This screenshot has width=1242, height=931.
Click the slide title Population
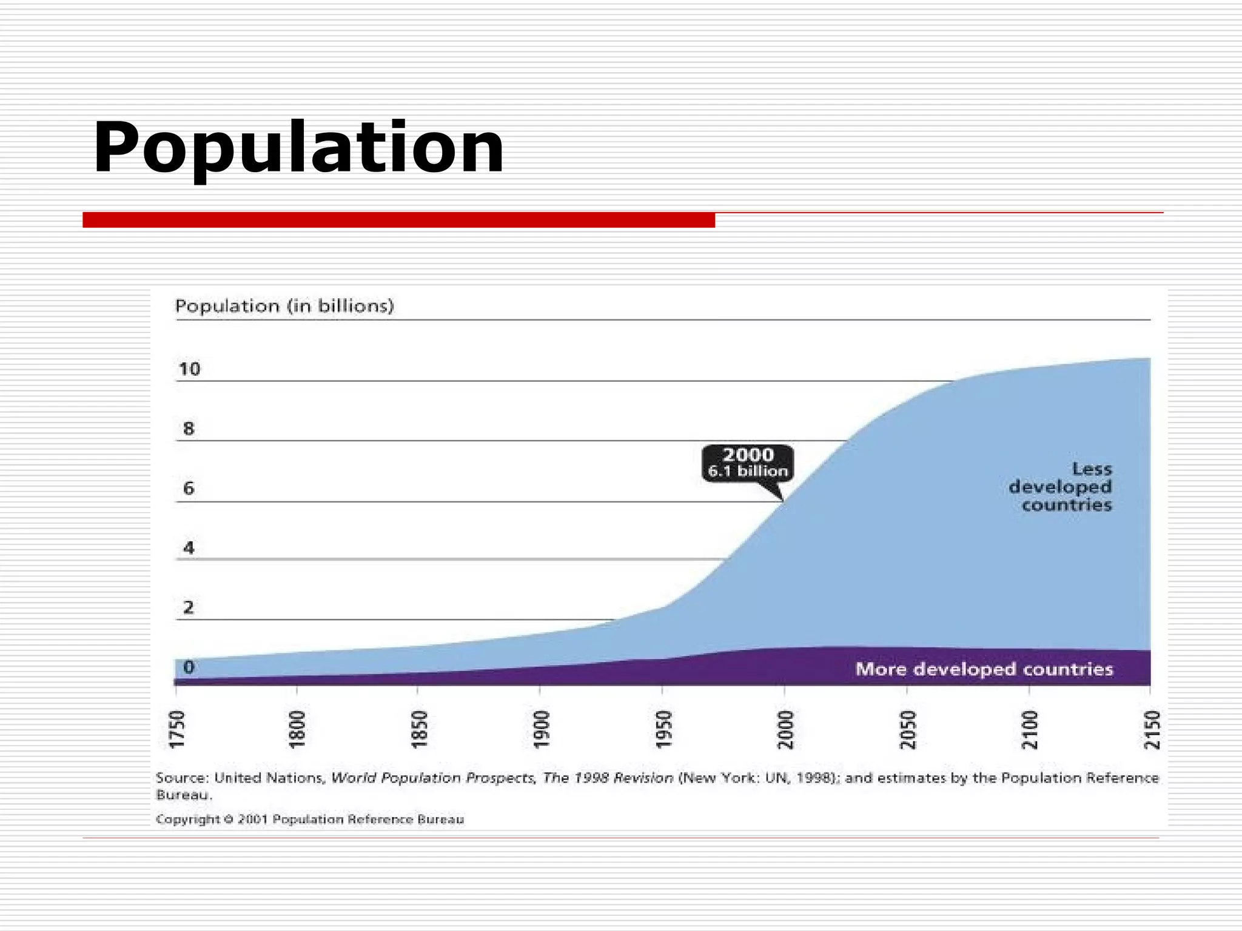[x=298, y=148]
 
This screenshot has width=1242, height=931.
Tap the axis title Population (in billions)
[x=284, y=306]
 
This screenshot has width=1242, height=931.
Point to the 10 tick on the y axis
[x=189, y=369]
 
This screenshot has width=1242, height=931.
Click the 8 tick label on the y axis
[x=189, y=429]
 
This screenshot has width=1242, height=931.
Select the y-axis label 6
[x=189, y=489]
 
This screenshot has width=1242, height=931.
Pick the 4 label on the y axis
[x=189, y=548]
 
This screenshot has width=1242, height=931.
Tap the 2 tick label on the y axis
[x=189, y=607]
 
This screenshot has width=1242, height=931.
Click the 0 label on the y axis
[x=189, y=667]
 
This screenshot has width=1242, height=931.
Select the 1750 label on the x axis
[x=176, y=730]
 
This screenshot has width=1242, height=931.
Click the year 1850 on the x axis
[x=420, y=730]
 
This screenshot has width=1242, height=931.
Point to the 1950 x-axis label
[x=664, y=730]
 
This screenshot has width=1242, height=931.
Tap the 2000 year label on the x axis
[x=786, y=730]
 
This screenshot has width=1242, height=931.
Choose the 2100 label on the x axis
[x=1030, y=730]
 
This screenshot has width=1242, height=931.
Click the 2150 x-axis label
[x=1152, y=730]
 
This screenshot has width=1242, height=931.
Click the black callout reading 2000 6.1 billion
[x=748, y=463]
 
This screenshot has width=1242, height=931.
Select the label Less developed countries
[x=1061, y=487]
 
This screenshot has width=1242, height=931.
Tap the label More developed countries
[x=984, y=669]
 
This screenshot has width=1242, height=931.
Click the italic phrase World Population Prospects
[x=432, y=778]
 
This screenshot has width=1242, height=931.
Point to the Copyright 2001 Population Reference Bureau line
[x=310, y=819]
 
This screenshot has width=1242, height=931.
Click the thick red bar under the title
[x=398, y=220]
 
